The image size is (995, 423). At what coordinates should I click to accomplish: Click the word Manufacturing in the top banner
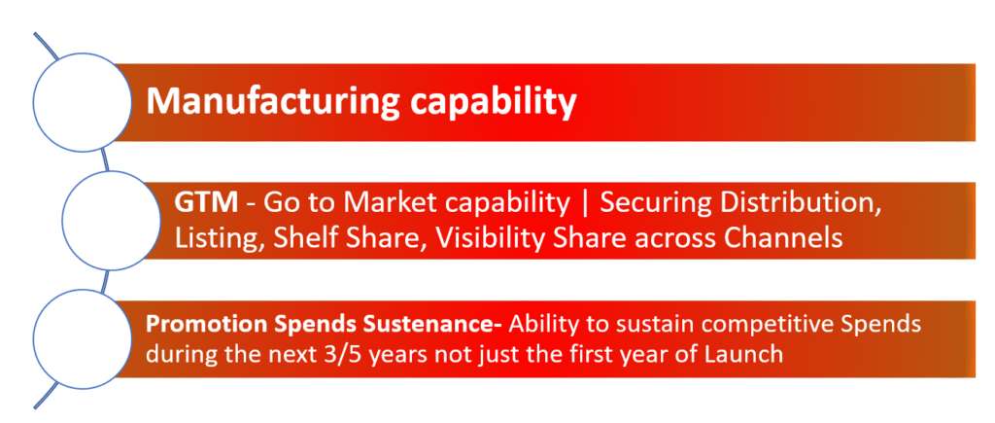coord(273,103)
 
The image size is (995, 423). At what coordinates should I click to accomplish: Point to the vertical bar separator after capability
coord(584,204)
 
